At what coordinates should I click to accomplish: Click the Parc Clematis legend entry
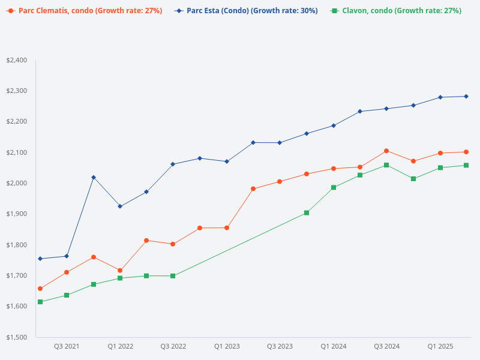(84, 11)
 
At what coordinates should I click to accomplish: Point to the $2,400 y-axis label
(16, 60)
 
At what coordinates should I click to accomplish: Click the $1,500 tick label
(16, 337)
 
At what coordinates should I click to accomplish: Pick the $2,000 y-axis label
(16, 183)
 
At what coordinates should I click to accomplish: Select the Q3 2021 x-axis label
(67, 347)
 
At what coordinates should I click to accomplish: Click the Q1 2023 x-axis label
(227, 347)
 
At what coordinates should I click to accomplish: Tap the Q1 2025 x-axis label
(440, 347)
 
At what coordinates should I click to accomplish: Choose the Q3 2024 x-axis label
(387, 347)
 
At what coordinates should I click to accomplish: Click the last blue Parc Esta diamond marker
(466, 96)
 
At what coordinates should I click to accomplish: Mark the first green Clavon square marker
(40, 302)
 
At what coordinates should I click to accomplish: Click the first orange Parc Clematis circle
(40, 289)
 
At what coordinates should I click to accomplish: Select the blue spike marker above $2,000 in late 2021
(94, 178)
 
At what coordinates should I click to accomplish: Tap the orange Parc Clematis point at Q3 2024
(386, 151)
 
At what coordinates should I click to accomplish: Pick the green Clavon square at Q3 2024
(386, 165)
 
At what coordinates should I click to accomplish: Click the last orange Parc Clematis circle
(466, 152)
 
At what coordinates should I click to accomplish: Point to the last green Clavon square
(466, 166)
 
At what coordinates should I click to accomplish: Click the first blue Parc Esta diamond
(40, 259)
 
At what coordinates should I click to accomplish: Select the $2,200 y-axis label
(16, 122)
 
